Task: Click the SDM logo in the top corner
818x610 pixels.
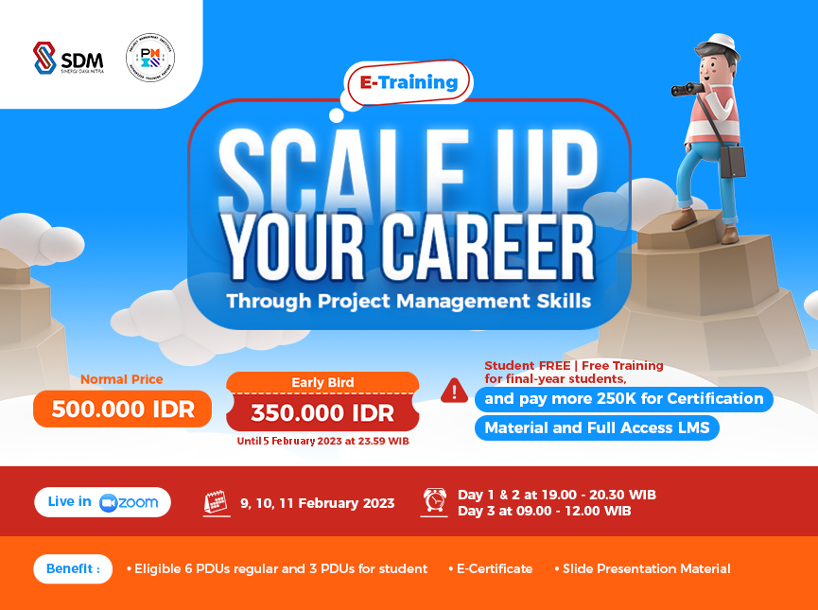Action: (x=68, y=57)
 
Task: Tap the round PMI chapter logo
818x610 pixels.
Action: (x=149, y=57)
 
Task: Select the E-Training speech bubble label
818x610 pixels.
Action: (x=409, y=83)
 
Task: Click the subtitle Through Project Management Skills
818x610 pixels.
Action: (x=409, y=302)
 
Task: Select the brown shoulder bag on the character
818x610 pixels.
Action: (x=732, y=162)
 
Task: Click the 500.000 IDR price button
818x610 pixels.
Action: (x=123, y=410)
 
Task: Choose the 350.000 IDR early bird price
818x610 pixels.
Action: (x=322, y=412)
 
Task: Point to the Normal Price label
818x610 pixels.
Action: (x=122, y=379)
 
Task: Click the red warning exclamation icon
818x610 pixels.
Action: (x=454, y=390)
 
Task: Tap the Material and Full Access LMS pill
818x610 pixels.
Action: (x=597, y=427)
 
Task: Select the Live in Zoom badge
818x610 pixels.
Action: (x=102, y=502)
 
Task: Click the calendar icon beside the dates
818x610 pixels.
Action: (x=217, y=503)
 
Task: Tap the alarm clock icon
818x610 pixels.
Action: (x=435, y=501)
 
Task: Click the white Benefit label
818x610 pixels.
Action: (x=73, y=569)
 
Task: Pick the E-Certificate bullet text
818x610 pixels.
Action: (x=495, y=569)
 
